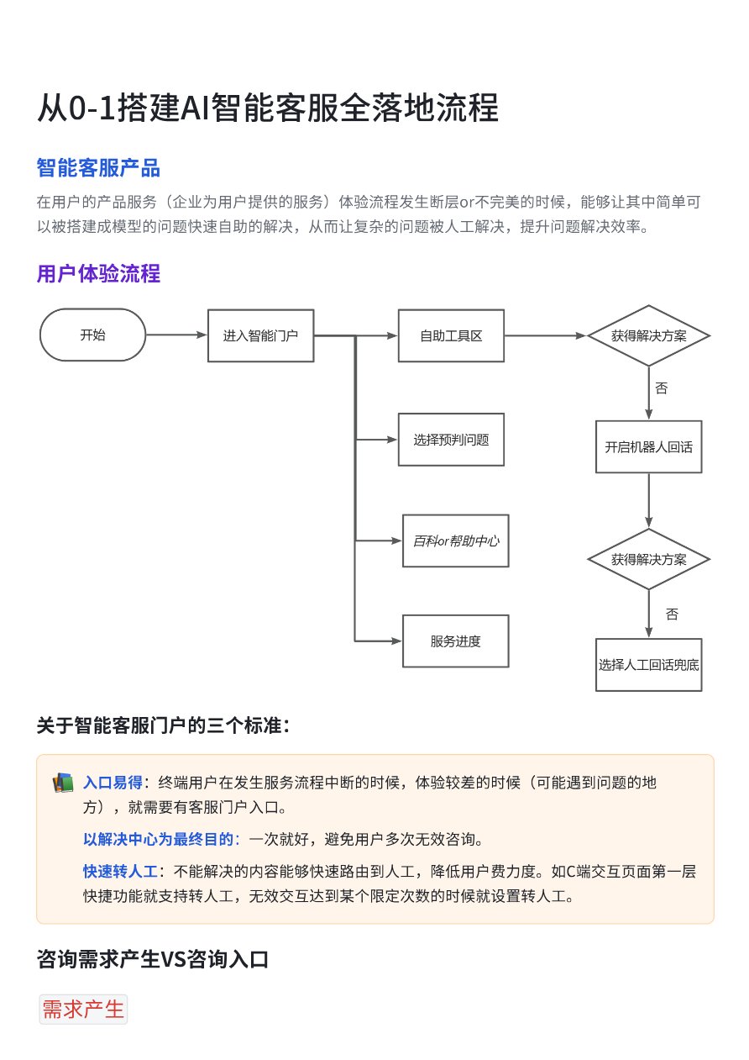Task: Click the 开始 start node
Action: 92,335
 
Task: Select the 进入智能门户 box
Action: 260,335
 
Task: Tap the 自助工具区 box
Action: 451,335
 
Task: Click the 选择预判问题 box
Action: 451,440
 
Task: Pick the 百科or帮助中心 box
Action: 456,541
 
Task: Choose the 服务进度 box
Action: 456,641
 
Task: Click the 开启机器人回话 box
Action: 648,446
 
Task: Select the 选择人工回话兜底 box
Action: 648,664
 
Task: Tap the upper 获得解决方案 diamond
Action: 648,335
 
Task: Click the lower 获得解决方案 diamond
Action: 648,559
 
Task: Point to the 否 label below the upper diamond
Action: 662,388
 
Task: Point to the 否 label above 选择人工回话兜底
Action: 672,614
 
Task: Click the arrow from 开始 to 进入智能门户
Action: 176,335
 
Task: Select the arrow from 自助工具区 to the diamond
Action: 546,335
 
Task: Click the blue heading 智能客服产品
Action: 98,167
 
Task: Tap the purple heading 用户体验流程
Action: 98,274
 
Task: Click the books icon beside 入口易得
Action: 62,783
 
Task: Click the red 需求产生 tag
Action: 83,1010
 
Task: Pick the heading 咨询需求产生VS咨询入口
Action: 153,959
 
